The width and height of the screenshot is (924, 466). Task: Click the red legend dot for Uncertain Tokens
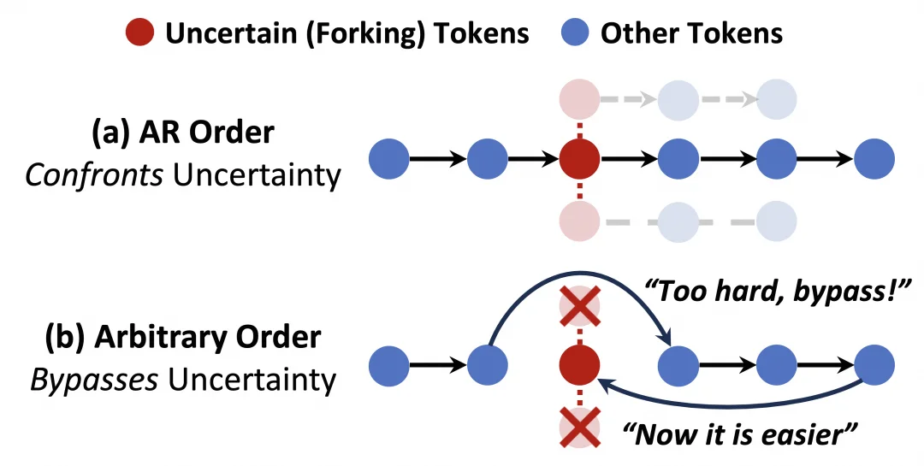coord(139,33)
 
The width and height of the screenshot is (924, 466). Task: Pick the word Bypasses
coord(94,379)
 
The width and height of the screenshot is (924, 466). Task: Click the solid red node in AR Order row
coord(579,158)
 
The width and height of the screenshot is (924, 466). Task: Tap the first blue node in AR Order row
coord(389,158)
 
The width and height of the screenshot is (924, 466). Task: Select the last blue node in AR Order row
coord(874,158)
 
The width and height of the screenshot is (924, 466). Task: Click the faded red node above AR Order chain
coord(579,100)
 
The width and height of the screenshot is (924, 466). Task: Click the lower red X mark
coord(579,428)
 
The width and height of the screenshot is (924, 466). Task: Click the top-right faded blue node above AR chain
coord(777,100)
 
